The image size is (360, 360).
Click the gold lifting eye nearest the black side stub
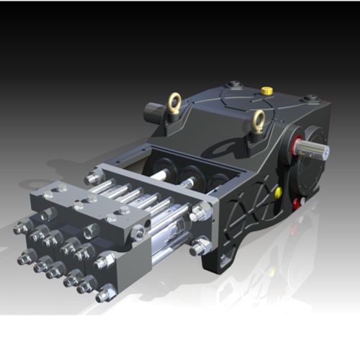(x=174, y=104)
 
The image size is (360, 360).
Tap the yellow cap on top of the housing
(x=266, y=91)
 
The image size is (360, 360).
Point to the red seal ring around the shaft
(x=296, y=144)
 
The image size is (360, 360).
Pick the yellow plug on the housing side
(x=277, y=192)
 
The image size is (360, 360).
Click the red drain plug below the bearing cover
(x=294, y=204)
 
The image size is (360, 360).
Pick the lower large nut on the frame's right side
(x=201, y=246)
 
